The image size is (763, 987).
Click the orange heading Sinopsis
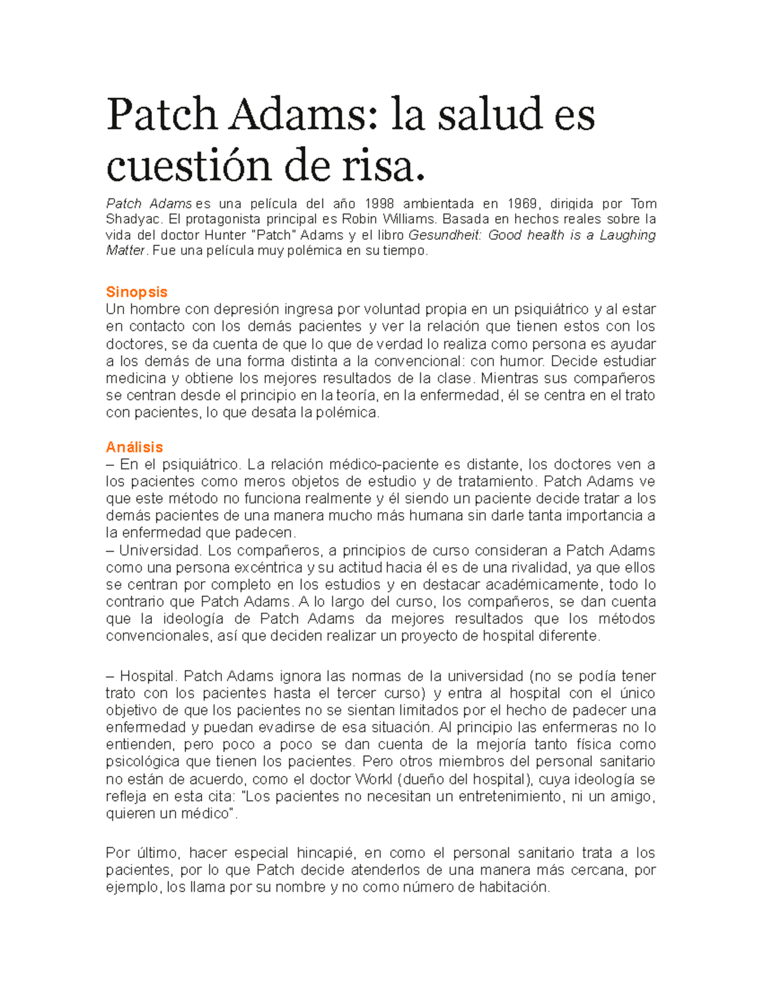[136, 292]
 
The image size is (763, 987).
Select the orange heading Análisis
[134, 447]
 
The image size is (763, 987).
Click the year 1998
[379, 203]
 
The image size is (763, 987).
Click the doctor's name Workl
[373, 779]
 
